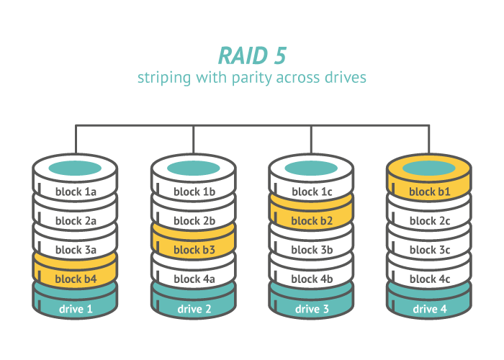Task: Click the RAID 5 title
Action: [x=252, y=55]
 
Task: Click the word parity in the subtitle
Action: [x=252, y=78]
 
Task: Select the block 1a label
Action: [x=76, y=192]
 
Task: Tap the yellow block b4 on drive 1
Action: [x=76, y=279]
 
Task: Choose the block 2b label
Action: [x=194, y=221]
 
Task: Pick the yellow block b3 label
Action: [x=194, y=250]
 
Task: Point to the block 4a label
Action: [x=194, y=279]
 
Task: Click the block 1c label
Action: [x=312, y=192]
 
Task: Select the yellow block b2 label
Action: [x=312, y=221]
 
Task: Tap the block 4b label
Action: [x=312, y=279]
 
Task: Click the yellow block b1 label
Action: [x=430, y=192]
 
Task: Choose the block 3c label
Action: [x=430, y=250]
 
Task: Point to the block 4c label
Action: [x=430, y=279]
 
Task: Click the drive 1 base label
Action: [x=76, y=309]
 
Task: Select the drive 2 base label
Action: [x=194, y=309]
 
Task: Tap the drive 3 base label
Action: [x=312, y=309]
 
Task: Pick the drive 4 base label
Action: [x=430, y=309]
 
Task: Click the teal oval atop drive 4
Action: [x=429, y=168]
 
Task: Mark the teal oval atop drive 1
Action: [x=75, y=168]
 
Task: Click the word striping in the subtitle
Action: [x=164, y=78]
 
